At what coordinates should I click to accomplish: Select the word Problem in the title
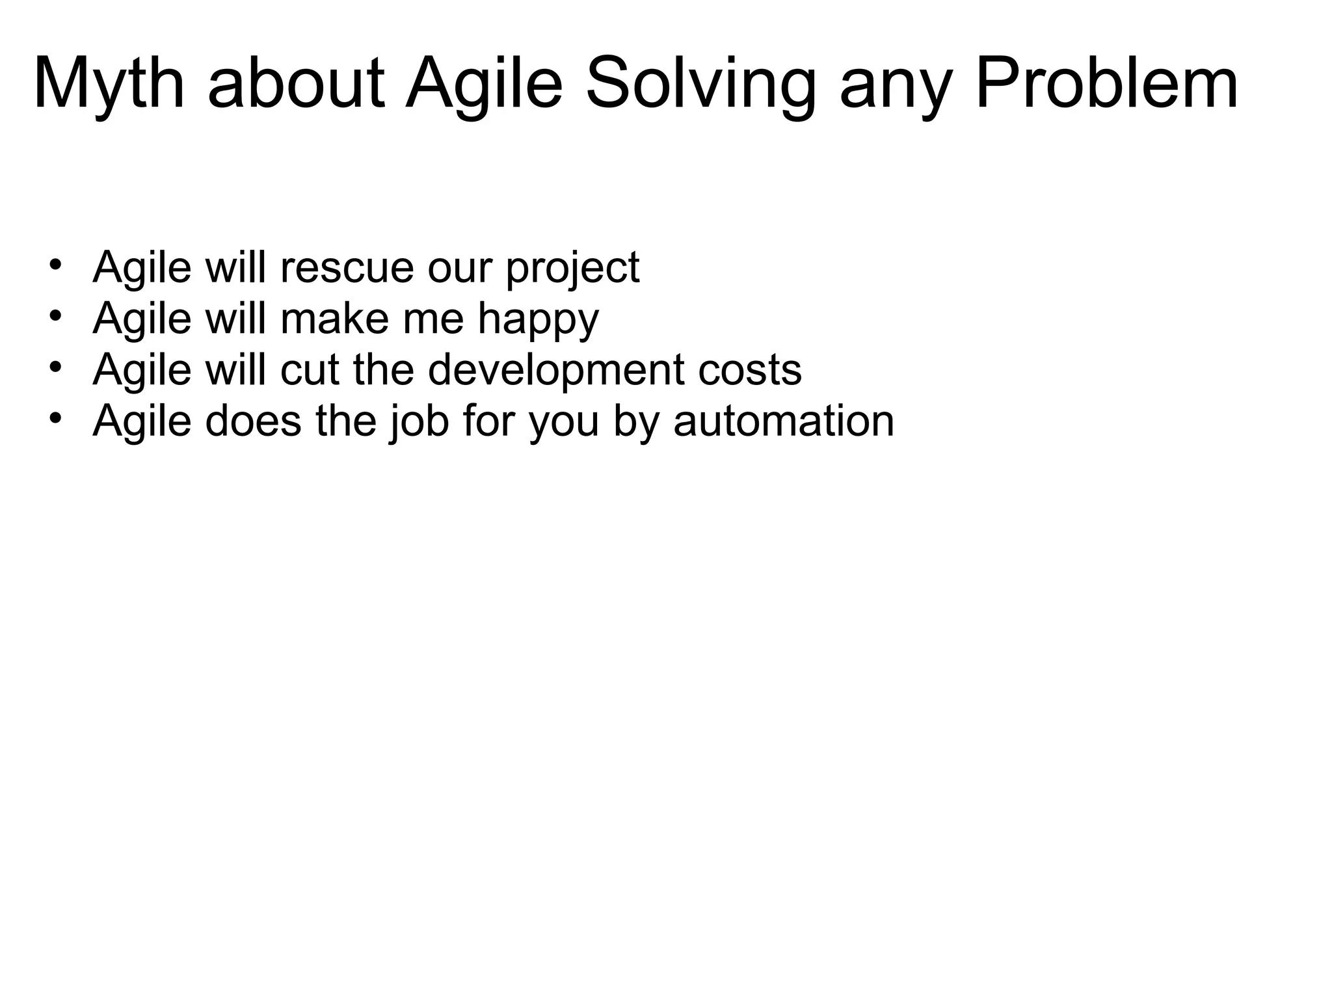point(1106,85)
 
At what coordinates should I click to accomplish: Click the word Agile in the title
point(483,85)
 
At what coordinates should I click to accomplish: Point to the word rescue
point(347,267)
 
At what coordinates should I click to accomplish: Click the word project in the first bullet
point(572,267)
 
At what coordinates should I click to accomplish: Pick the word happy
point(538,319)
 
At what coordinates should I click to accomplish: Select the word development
point(556,370)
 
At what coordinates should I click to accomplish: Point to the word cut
point(310,370)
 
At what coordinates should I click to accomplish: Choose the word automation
point(784,421)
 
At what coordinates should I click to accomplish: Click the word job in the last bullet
point(419,421)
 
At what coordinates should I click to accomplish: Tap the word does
point(254,421)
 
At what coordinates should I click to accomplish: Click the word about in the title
point(297,85)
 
